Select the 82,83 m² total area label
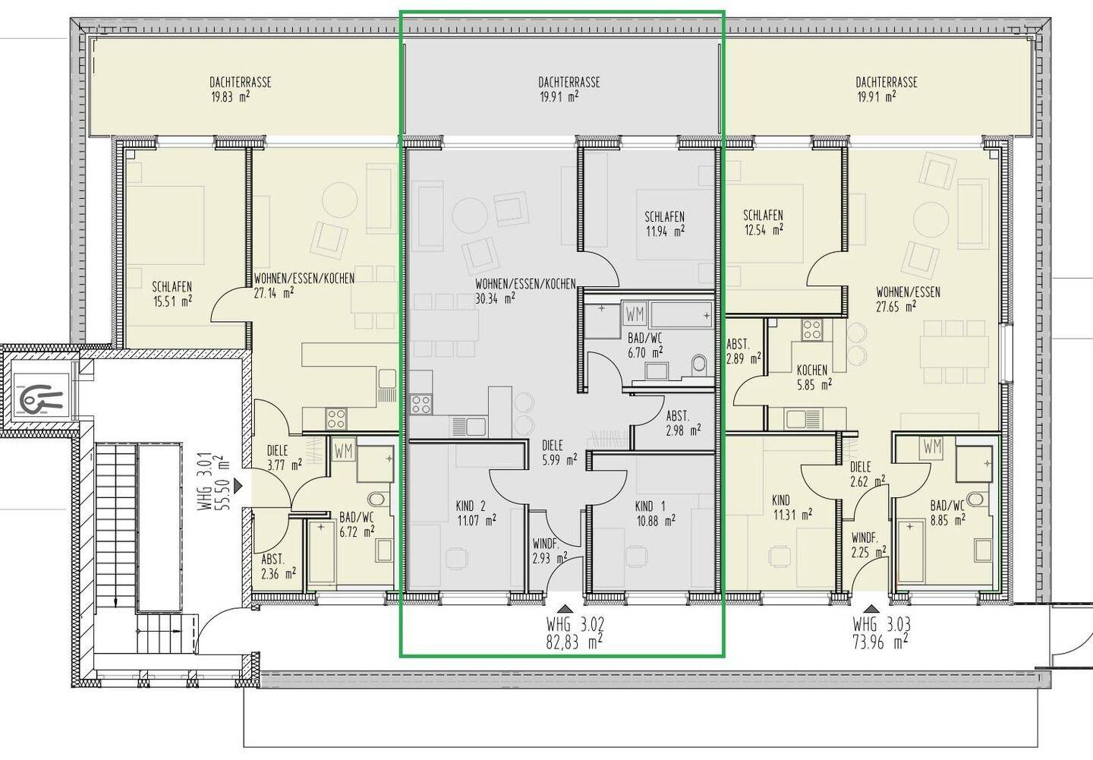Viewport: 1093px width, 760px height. pyautogui.click(x=574, y=642)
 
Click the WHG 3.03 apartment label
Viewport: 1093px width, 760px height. pyautogui.click(x=881, y=624)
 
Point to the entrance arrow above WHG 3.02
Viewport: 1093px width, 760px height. pyautogui.click(x=565, y=608)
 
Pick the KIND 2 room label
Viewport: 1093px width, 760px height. pyautogui.click(x=471, y=506)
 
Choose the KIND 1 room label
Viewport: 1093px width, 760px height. pyautogui.click(x=650, y=506)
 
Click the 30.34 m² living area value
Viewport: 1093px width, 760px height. pyautogui.click(x=495, y=298)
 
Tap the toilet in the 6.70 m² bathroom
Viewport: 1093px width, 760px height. pyautogui.click(x=699, y=365)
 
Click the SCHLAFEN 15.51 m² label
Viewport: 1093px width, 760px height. pyautogui.click(x=172, y=294)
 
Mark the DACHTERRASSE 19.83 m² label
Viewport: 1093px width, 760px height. pyautogui.click(x=240, y=89)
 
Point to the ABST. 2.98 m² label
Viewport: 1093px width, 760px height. pyautogui.click(x=683, y=423)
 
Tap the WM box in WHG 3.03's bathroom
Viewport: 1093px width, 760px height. pyautogui.click(x=931, y=447)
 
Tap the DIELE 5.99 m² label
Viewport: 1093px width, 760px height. pyautogui.click(x=559, y=452)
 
